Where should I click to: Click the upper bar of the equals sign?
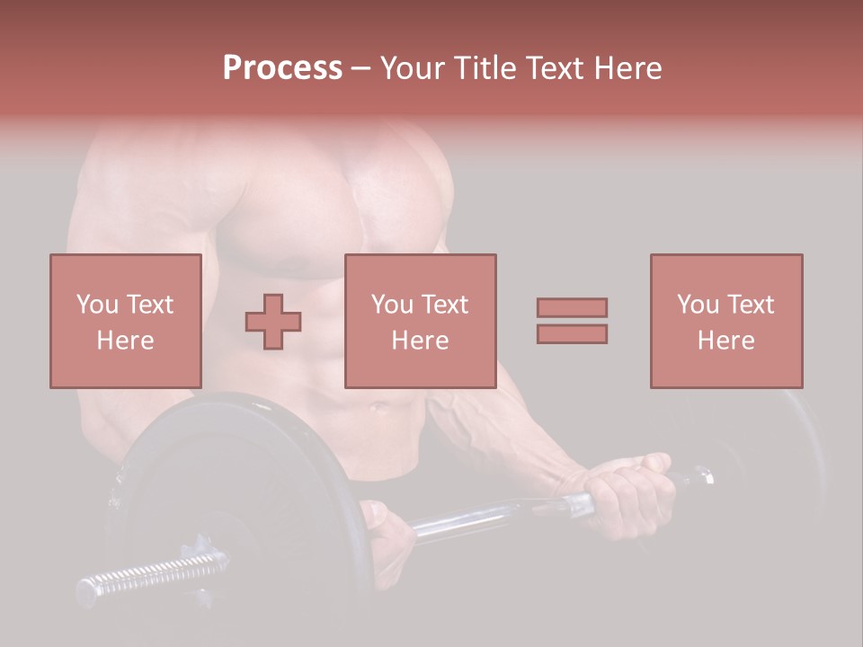pos(572,307)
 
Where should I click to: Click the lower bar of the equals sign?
pos(572,334)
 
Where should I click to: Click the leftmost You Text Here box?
pos(125,321)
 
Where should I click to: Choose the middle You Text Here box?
pos(420,321)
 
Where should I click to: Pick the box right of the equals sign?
pos(725,321)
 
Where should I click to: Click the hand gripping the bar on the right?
pos(629,490)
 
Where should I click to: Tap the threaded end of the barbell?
pos(153,573)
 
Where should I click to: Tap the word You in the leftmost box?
pos(96,305)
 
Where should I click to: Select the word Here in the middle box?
pos(420,341)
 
